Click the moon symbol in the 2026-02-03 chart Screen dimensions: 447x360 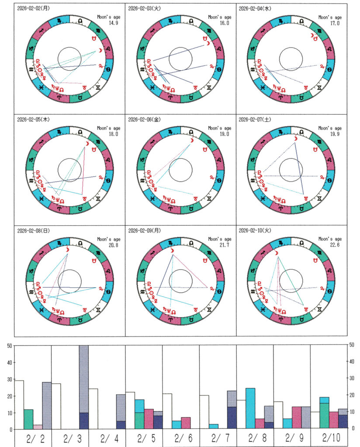click(x=209, y=43)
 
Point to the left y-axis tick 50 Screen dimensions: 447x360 click(x=9, y=346)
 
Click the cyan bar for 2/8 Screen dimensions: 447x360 click(x=250, y=408)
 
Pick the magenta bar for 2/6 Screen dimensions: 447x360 click(x=185, y=423)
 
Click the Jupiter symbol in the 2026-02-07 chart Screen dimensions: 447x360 click(x=323, y=177)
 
